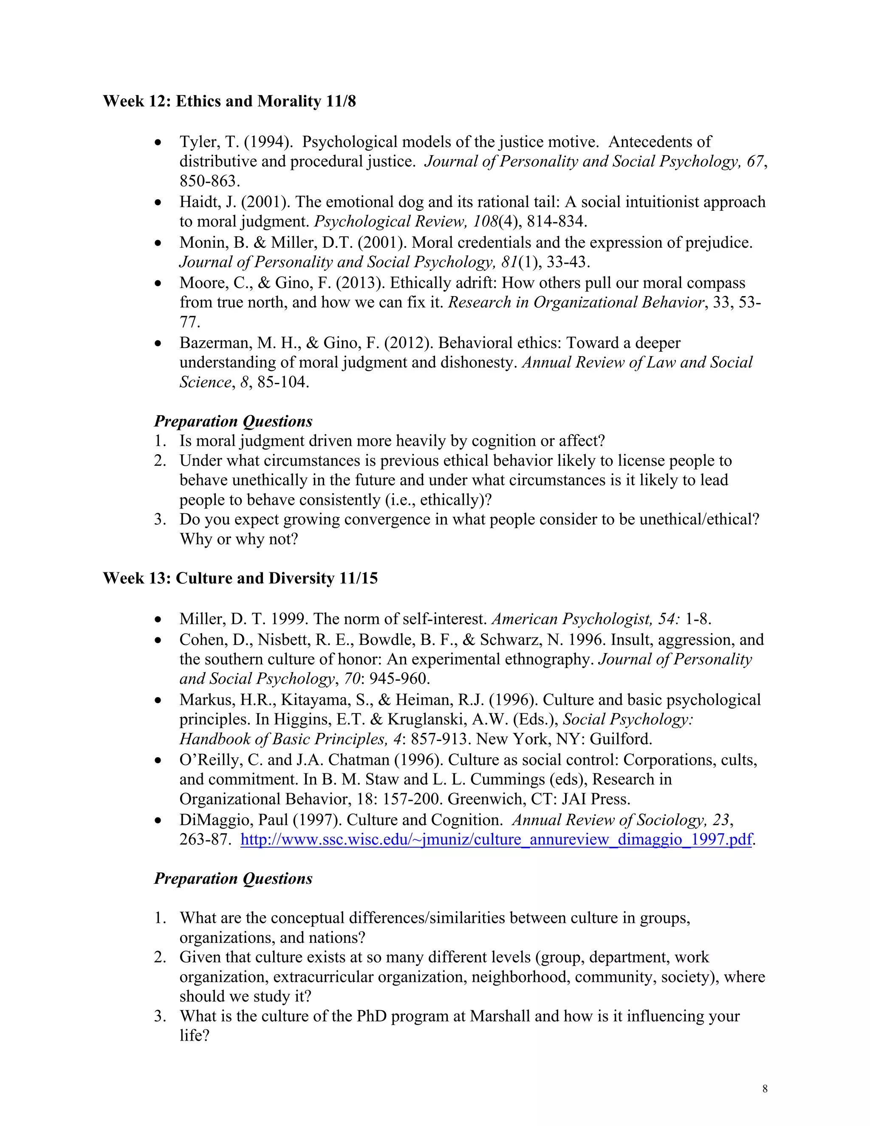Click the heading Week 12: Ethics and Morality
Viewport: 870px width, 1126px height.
pos(229,101)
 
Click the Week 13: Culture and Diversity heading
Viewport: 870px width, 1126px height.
pos(240,578)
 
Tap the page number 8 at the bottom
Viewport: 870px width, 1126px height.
pos(765,1089)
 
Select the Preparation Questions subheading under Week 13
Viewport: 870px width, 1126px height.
pos(233,879)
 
